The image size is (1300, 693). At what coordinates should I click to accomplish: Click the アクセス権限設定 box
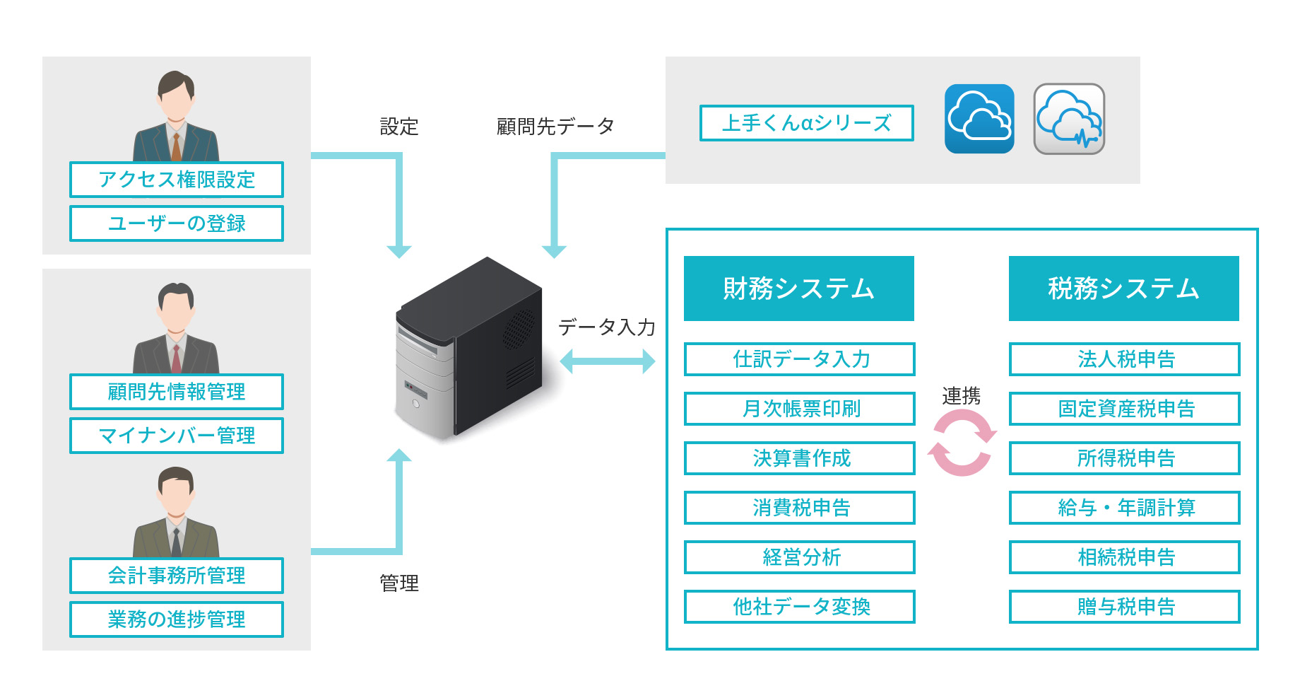tap(177, 180)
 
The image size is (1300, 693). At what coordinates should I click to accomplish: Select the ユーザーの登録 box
tap(177, 223)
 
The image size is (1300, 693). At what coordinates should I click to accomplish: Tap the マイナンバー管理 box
tap(177, 436)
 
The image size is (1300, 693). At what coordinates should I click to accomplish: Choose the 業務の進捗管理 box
tap(177, 619)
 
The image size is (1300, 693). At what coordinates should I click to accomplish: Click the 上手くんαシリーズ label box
tap(806, 123)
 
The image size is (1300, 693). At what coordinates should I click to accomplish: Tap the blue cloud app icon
tap(979, 119)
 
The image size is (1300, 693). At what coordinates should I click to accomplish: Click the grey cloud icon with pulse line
tap(1069, 119)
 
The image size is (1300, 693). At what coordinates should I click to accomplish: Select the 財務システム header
tap(799, 289)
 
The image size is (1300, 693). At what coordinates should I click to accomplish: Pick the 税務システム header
tap(1123, 289)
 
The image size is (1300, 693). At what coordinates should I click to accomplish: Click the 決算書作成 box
tap(800, 458)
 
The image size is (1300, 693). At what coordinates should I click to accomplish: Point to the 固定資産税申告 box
tap(1125, 409)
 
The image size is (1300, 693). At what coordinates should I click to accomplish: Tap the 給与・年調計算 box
tap(1125, 508)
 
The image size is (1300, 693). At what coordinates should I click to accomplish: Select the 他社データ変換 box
tap(800, 607)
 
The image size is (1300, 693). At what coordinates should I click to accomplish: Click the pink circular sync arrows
tap(962, 443)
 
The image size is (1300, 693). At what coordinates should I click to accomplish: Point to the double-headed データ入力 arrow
tap(608, 362)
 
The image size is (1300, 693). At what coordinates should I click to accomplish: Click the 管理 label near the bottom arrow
tap(399, 583)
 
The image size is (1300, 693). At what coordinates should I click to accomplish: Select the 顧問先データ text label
tap(555, 127)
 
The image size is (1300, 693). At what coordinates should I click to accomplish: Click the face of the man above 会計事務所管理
tap(176, 496)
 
